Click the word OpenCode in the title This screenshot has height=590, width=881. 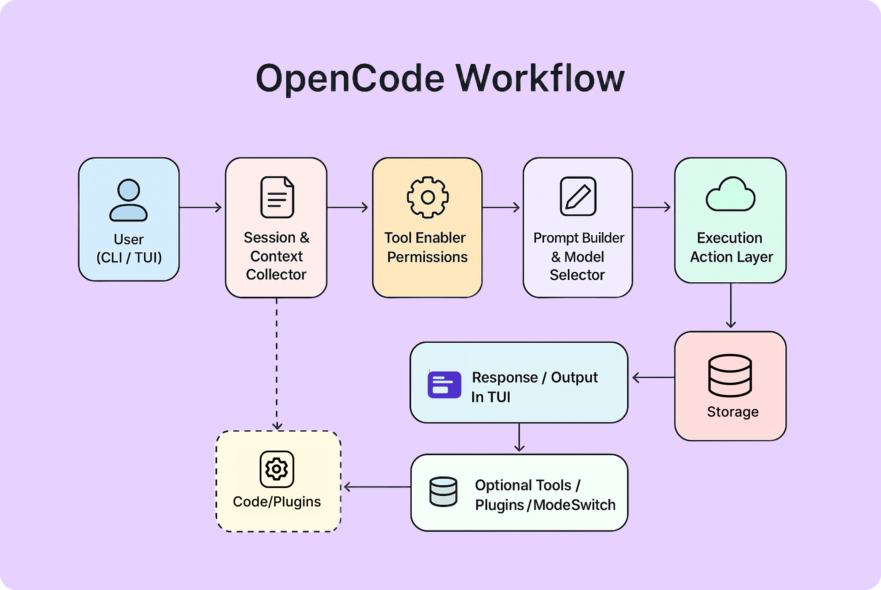coord(350,78)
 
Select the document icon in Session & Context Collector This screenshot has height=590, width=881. coord(277,197)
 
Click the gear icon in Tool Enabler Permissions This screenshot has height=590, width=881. coord(428,197)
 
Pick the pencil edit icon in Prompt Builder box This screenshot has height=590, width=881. coord(578,196)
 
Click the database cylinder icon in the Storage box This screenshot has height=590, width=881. coord(730,376)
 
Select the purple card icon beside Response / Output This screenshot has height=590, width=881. coord(444,385)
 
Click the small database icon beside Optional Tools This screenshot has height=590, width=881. coord(443,491)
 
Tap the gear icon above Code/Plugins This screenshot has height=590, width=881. coord(277,469)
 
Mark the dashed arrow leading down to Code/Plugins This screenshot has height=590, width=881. coord(277,363)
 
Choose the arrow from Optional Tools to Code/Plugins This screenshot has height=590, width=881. coord(377,487)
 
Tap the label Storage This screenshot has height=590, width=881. coord(732,412)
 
